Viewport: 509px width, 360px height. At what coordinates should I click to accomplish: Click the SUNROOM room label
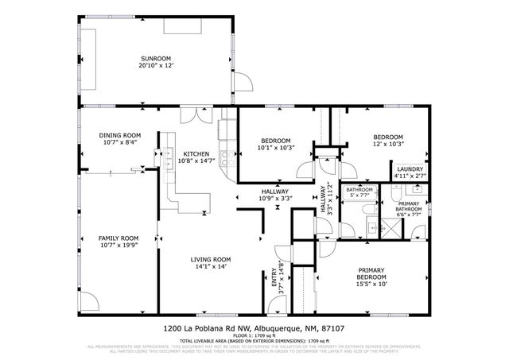pos(156,59)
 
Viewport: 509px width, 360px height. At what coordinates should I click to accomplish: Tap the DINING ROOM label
pos(120,135)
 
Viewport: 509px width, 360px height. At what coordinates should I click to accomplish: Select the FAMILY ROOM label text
pos(119,238)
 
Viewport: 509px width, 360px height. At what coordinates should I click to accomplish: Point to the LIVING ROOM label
pos(211,260)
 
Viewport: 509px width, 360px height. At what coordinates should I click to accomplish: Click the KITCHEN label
pos(196,154)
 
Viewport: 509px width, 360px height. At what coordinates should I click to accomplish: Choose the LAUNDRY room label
pos(410,168)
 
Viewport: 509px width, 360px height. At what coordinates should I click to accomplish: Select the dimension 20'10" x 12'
pos(156,66)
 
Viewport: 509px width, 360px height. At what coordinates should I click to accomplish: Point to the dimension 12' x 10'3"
pos(389,144)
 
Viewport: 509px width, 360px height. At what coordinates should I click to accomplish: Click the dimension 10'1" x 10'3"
pos(275,148)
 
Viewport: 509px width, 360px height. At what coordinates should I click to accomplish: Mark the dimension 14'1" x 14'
pos(211,267)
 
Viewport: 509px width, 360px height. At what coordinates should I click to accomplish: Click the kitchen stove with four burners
pos(227,154)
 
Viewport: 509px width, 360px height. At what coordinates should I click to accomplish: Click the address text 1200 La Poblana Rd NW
pos(200,327)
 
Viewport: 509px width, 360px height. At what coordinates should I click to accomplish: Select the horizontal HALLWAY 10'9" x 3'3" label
pos(277,195)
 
